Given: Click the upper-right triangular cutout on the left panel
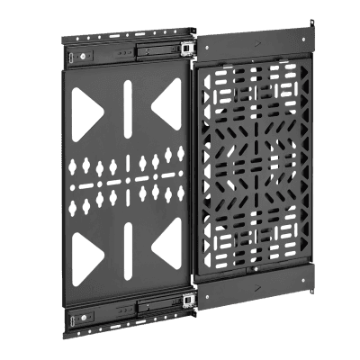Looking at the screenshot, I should point(169,106).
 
